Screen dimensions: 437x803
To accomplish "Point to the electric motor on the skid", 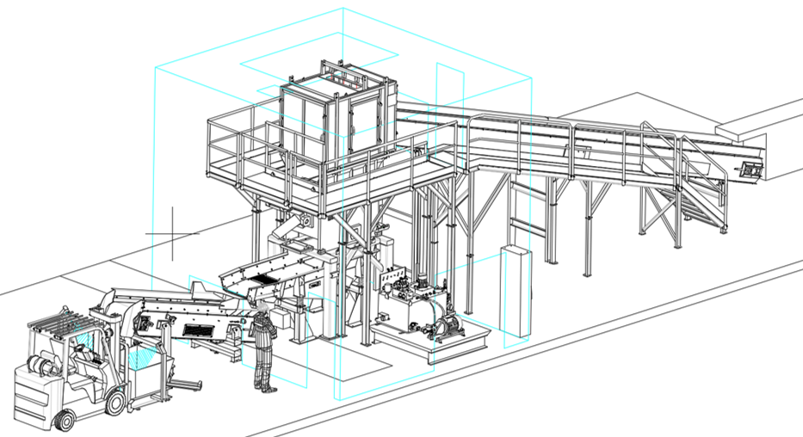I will (x=447, y=326).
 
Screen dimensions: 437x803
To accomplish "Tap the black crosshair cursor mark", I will (x=173, y=233).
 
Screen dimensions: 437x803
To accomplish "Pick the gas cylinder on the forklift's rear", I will (x=39, y=366).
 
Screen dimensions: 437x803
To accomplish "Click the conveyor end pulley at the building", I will (x=750, y=169).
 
